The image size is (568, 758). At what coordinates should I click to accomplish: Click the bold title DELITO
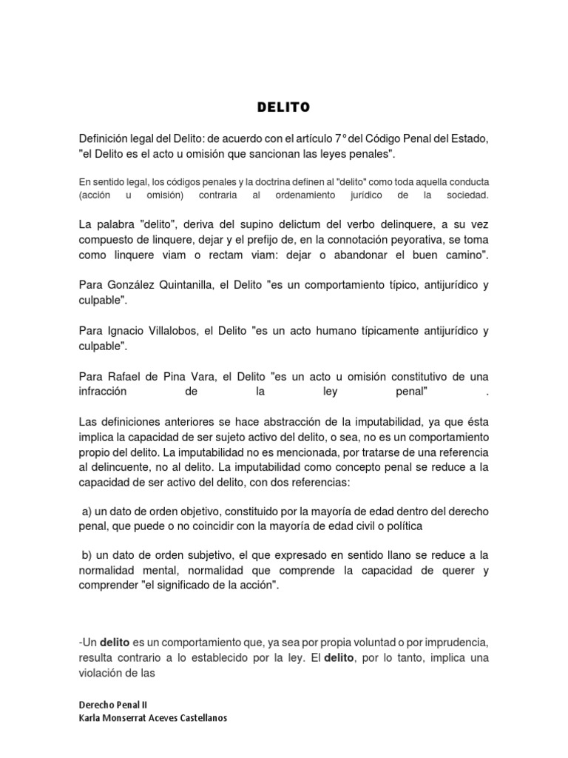pos(283,108)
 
